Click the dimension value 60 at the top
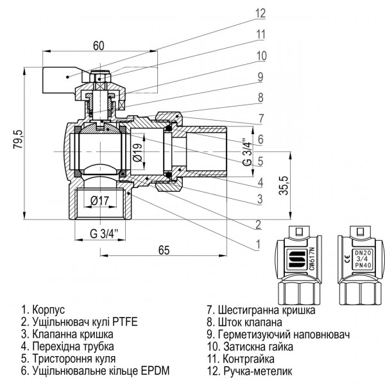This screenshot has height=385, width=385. pos(98,46)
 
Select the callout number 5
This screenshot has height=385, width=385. pos(260,160)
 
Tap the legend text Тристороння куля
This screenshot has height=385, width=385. pos(72,359)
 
